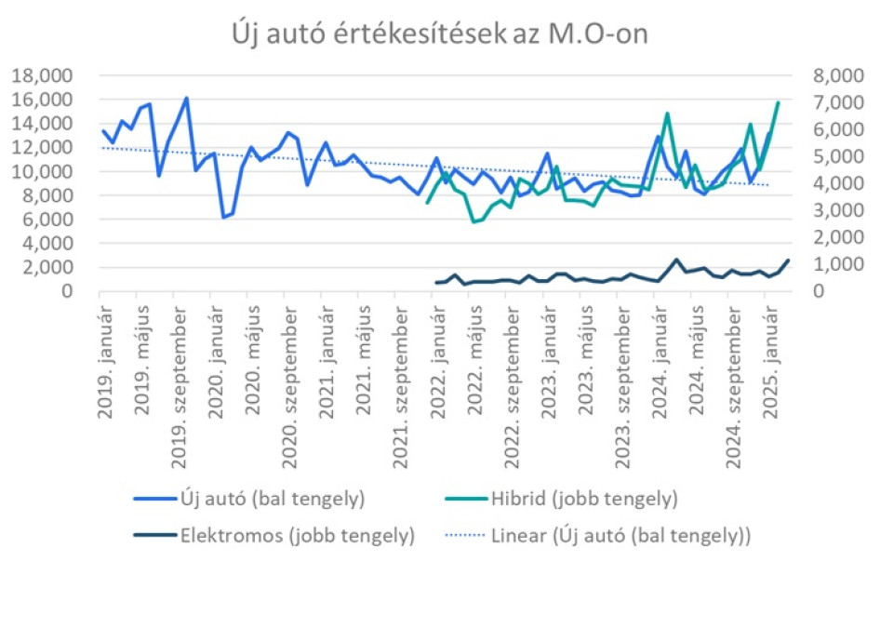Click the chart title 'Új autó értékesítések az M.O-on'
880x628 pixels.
coord(439,34)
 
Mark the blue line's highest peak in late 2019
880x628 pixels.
coord(186,98)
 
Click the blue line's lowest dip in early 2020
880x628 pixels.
coord(223,217)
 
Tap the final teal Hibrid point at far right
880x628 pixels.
coord(778,102)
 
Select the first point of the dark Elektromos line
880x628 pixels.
coord(436,283)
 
